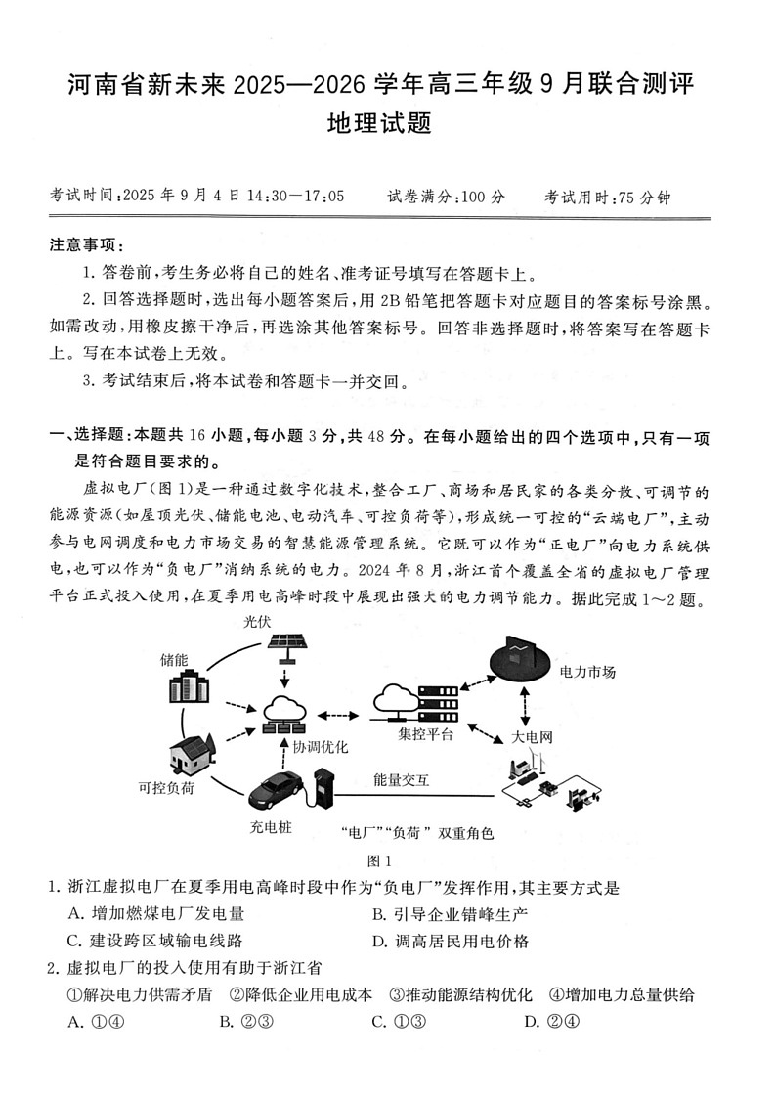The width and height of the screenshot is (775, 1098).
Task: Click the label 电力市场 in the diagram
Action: (x=587, y=672)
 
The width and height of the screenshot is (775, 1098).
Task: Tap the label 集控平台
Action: (x=425, y=734)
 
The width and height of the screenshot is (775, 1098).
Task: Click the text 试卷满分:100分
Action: (x=447, y=196)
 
